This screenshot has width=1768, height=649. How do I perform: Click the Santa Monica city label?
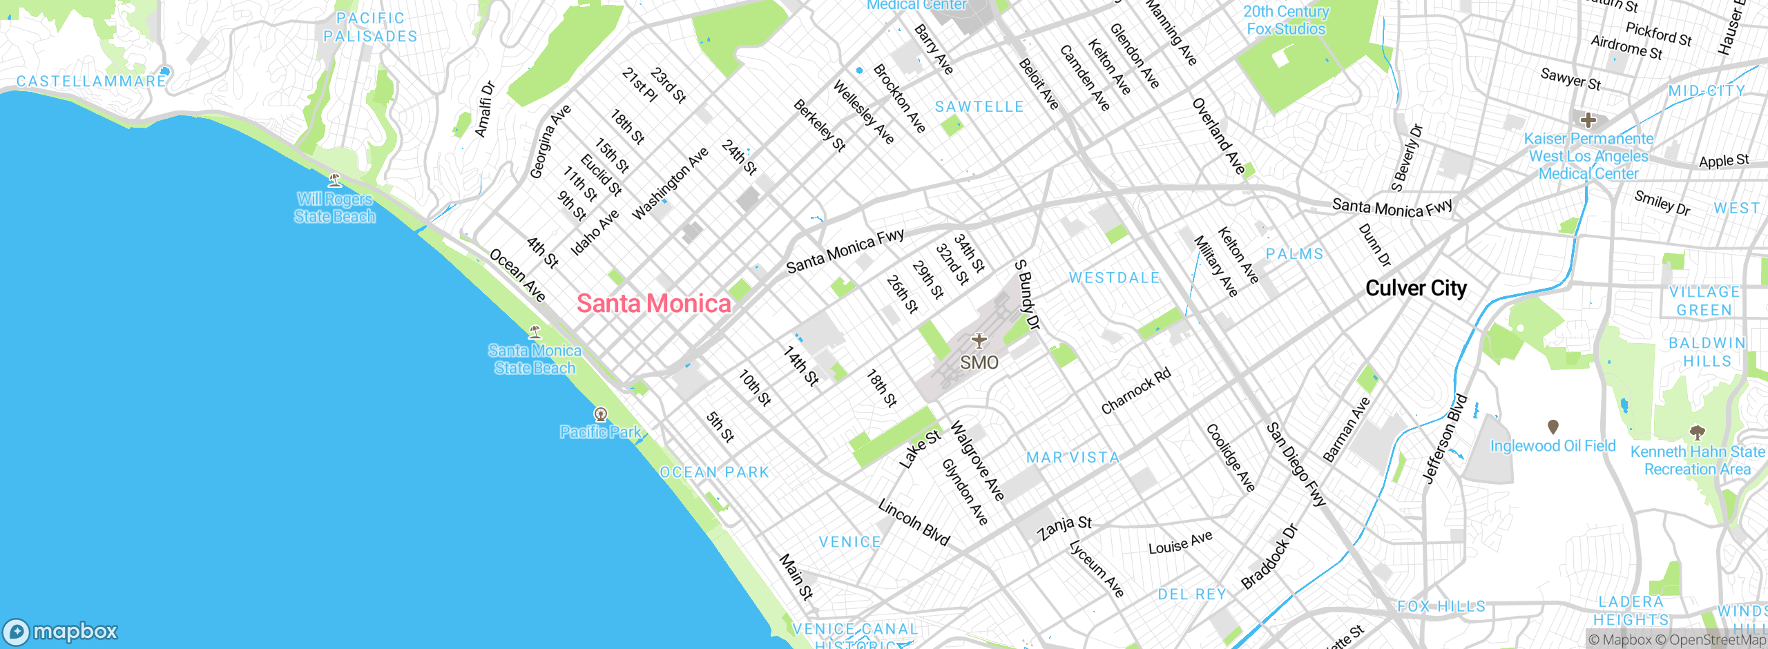click(x=653, y=303)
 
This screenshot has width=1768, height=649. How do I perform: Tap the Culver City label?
click(x=1416, y=288)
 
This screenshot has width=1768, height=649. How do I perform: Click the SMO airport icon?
click(x=979, y=340)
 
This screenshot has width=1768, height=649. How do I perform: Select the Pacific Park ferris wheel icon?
click(x=601, y=414)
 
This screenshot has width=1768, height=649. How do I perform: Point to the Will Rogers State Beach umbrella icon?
click(x=335, y=180)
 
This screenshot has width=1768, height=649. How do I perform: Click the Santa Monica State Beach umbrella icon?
click(x=535, y=332)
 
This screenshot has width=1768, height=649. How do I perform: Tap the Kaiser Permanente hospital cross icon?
click(x=1588, y=121)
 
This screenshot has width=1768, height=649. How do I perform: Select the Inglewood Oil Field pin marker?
click(x=1553, y=427)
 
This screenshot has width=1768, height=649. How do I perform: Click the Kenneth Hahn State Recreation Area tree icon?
click(x=1697, y=433)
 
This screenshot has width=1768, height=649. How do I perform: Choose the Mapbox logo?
click(x=61, y=631)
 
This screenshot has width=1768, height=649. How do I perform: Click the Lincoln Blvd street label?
click(x=914, y=523)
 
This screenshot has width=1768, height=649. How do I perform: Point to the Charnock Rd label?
click(x=1136, y=391)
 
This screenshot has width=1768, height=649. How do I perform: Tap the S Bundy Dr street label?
click(x=1027, y=295)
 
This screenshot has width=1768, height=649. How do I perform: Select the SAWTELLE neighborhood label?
click(x=979, y=107)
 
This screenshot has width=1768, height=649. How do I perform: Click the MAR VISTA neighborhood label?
click(x=1073, y=457)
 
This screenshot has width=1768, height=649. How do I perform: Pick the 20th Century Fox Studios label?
click(x=1285, y=20)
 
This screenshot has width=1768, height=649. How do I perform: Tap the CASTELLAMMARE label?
click(x=91, y=81)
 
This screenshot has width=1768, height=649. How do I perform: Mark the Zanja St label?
click(x=1064, y=527)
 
